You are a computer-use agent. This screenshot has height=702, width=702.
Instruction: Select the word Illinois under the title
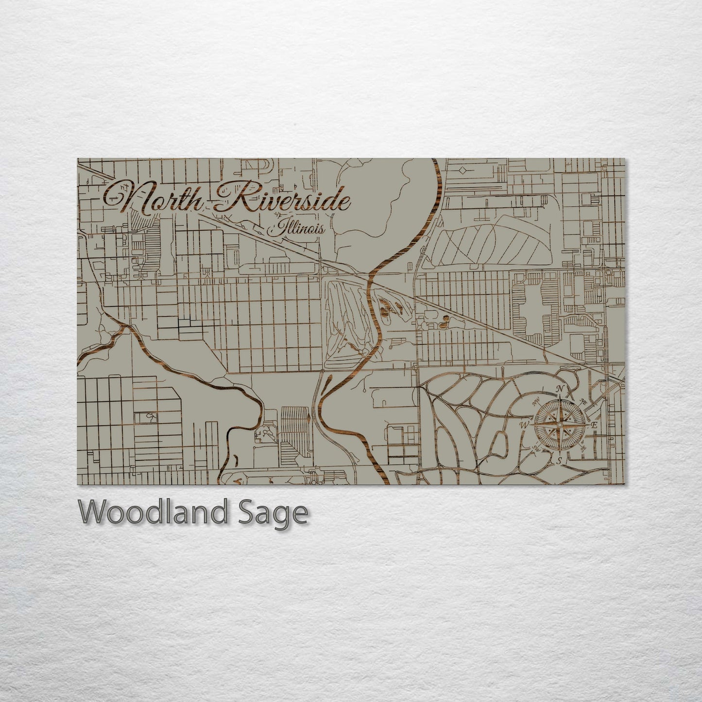pos(296,229)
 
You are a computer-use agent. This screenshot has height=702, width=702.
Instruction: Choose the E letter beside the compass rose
pos(594,425)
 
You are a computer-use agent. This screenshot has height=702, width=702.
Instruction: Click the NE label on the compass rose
pos(582,401)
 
